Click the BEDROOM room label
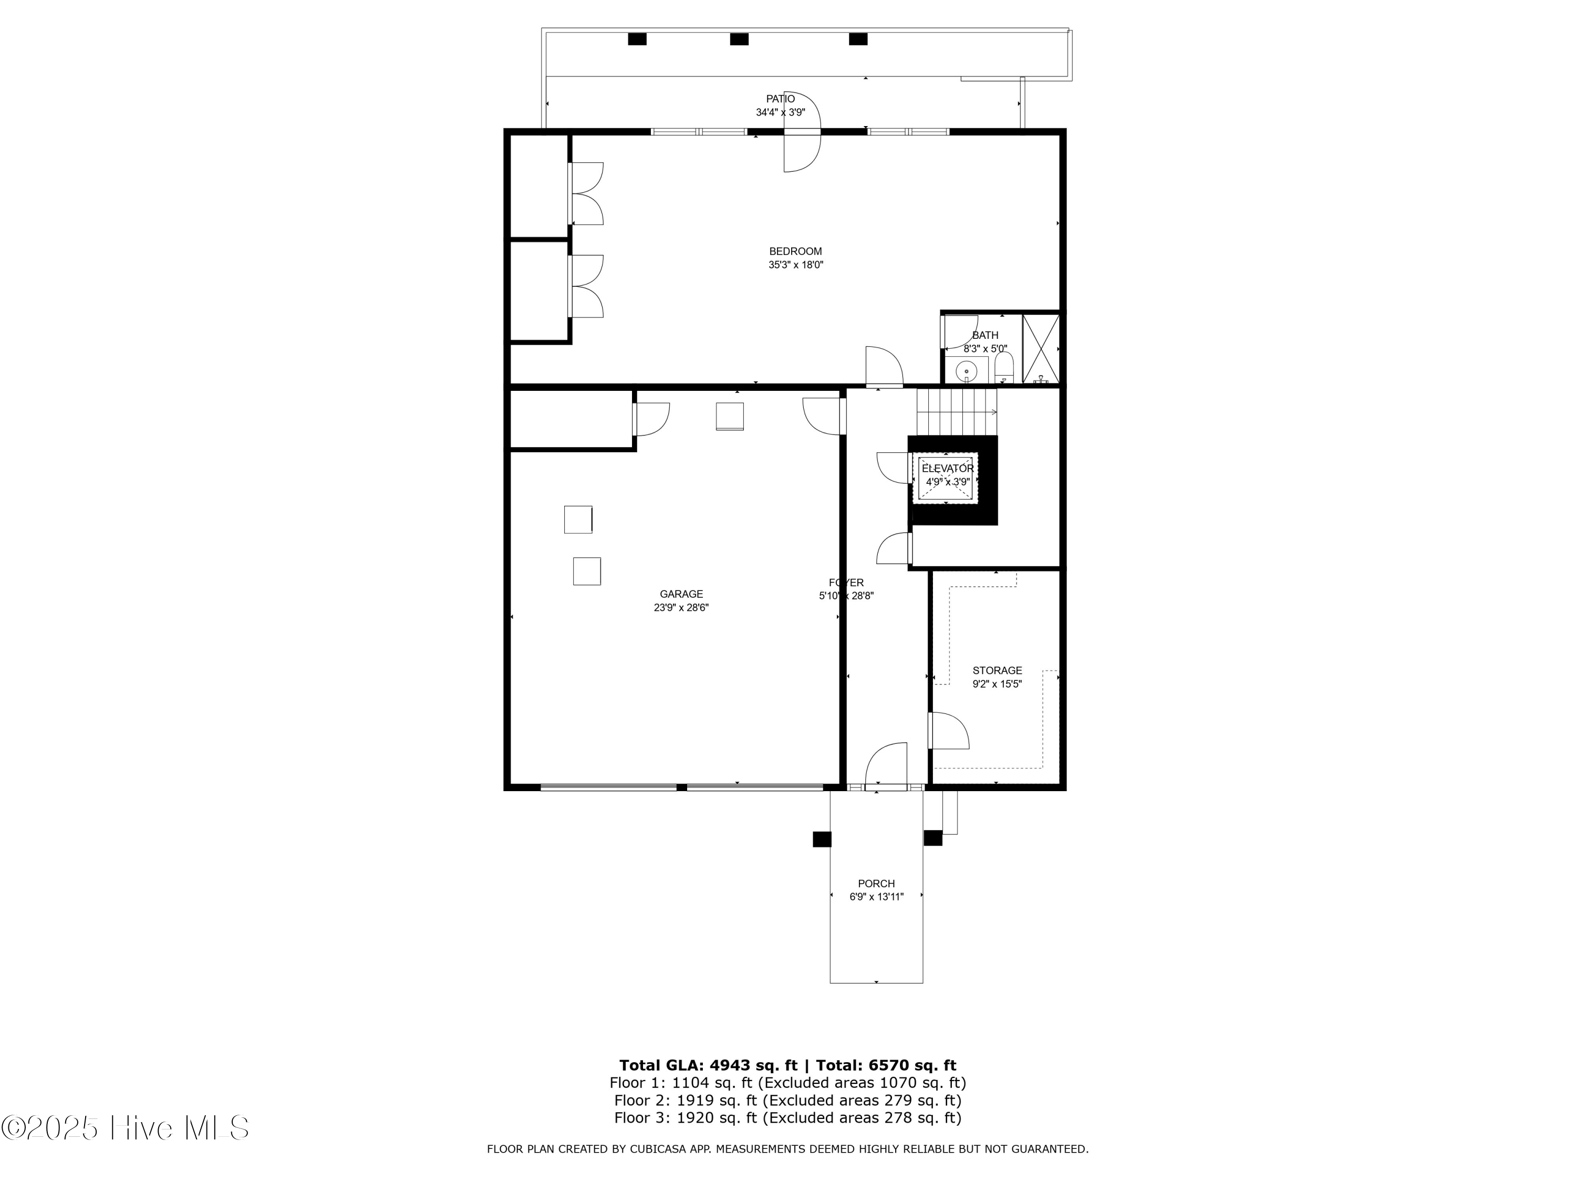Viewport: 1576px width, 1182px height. coord(795,252)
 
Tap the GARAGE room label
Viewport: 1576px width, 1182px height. coord(681,594)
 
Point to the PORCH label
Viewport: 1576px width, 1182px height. coord(876,884)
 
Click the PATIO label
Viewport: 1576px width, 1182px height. coord(780,99)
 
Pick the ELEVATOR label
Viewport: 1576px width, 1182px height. coord(948,469)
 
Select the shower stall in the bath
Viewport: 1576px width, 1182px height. coord(1041,349)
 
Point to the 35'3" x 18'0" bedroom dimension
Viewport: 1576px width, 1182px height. coord(796,265)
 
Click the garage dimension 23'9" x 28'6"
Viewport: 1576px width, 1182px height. coord(681,608)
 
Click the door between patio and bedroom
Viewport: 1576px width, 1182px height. coord(803,132)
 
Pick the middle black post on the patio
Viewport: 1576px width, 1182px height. coord(739,39)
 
